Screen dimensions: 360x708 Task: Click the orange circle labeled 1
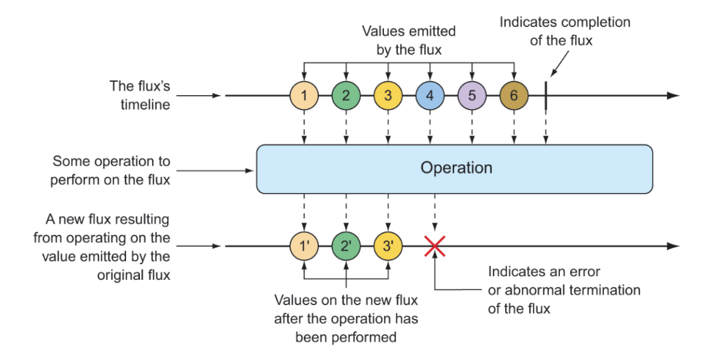304,96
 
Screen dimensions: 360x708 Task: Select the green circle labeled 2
345,96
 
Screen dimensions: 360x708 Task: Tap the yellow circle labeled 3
388,96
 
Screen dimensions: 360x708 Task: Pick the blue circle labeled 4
429,96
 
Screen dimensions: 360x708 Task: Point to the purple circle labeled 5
472,96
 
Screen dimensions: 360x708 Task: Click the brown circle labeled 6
513,96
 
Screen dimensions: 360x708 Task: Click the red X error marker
434,246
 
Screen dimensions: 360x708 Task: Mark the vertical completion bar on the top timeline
545,96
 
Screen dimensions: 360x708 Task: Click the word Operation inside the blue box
456,168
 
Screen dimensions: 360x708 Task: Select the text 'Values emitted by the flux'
408,39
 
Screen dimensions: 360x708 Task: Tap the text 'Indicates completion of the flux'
565,30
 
